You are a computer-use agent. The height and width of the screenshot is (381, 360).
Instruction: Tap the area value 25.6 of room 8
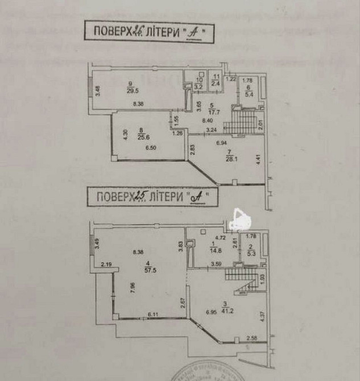[x=134, y=136]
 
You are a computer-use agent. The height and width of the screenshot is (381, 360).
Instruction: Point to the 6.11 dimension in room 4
[x=152, y=314]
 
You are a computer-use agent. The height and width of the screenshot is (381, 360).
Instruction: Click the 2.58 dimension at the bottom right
[x=253, y=339]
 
